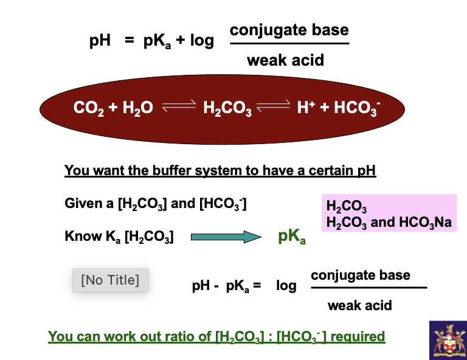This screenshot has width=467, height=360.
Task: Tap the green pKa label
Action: coord(291,237)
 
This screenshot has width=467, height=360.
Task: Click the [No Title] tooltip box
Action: coord(110,280)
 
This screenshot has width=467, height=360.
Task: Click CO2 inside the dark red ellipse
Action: coord(89,108)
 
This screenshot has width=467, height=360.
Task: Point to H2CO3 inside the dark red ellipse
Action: coord(227,109)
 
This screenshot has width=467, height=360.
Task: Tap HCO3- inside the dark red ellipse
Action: coord(357,108)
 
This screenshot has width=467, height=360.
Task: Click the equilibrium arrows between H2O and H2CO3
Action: coord(177,108)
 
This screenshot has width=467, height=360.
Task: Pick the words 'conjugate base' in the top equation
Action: coord(289,30)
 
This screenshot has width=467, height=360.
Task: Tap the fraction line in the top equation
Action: coord(289,44)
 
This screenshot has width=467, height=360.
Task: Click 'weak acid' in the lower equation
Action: coord(359,305)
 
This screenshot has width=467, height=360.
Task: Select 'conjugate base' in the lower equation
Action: coord(360,275)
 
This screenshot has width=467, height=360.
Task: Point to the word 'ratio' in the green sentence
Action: coord(175,336)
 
